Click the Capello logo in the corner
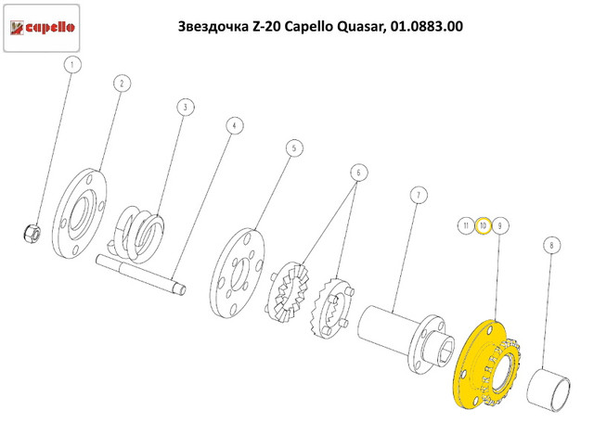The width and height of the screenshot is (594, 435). (x=45, y=28)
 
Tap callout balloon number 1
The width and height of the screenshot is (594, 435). (x=74, y=65)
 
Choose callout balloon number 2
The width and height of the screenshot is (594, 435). (x=121, y=83)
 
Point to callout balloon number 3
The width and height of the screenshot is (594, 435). (x=185, y=109)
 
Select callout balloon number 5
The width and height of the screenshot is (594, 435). (x=293, y=147)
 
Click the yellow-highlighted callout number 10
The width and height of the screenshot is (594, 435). (x=483, y=225)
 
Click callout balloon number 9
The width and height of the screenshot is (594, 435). (x=499, y=225)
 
